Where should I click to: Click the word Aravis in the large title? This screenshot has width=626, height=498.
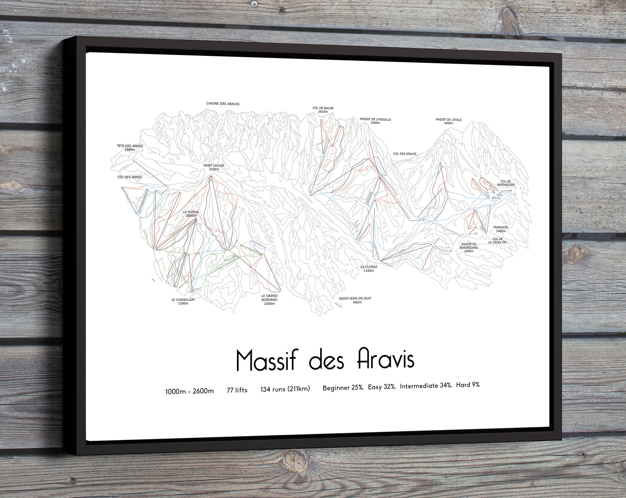[386, 359]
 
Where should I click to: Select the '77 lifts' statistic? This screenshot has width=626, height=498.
[237, 390]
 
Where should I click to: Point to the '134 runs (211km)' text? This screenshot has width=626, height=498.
[285, 389]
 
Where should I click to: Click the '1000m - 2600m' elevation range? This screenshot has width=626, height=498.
[189, 391]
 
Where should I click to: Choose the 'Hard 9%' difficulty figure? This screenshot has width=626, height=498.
[467, 385]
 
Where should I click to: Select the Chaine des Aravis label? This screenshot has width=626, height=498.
[223, 104]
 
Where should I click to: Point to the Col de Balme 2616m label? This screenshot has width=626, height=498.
[323, 110]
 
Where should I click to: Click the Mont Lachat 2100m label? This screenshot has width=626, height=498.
[214, 167]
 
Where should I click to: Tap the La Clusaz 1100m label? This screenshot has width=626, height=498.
[369, 268]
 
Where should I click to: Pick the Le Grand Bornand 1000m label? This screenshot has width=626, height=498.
[269, 300]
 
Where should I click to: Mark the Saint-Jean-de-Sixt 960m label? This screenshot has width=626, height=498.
[355, 300]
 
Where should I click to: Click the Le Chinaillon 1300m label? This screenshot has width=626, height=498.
[183, 301]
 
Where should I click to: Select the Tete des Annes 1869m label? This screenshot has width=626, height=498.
[130, 148]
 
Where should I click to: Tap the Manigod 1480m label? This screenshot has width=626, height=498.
[500, 229]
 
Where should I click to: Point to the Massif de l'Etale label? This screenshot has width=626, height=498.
[448, 121]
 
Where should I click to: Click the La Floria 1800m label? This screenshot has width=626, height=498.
[191, 213]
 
